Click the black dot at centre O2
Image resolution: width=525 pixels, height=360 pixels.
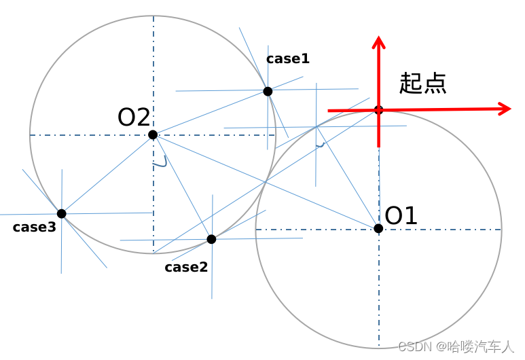pos(153,134)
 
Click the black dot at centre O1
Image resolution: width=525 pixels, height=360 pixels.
pos(378,228)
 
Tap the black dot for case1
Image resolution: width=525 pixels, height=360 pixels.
pos(268,91)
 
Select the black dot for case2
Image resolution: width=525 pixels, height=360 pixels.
pos(211,239)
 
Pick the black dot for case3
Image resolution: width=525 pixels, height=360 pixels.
pos(61,213)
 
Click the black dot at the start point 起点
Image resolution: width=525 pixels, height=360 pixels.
pos(379,109)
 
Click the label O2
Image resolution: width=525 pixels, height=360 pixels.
pos(134,118)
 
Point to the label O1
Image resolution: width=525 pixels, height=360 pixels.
pos(401,216)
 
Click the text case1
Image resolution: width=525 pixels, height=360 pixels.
pos(288,59)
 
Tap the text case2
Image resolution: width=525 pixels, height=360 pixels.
pos(186,267)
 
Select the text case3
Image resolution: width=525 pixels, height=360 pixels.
pos(34,228)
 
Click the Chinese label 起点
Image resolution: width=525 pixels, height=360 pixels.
pos(422,83)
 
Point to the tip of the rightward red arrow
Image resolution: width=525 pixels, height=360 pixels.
pos(509,109)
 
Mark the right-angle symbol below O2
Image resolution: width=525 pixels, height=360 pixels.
pos(160,162)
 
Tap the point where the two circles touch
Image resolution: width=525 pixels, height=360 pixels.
pos(266,181)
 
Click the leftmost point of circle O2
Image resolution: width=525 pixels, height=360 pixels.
pos(30,134)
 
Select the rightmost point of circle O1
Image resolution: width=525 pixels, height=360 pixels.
pos(501,229)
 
